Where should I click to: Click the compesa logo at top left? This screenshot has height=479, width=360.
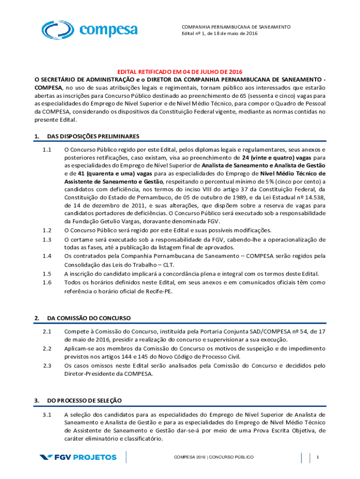[89, 30]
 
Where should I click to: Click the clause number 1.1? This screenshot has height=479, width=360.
[46, 150]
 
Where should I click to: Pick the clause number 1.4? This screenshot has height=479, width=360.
[46, 256]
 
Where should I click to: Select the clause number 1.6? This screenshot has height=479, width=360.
[46, 283]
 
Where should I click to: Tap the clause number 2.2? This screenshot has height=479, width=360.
[46, 348]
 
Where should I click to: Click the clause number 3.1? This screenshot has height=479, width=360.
[46, 414]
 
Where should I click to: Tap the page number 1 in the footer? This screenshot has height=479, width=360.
[317, 457]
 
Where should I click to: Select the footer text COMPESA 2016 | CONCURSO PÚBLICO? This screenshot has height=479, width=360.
[213, 457]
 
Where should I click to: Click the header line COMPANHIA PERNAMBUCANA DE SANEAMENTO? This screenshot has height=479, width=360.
[236, 27]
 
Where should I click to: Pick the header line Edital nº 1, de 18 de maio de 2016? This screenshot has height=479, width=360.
[220, 34]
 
